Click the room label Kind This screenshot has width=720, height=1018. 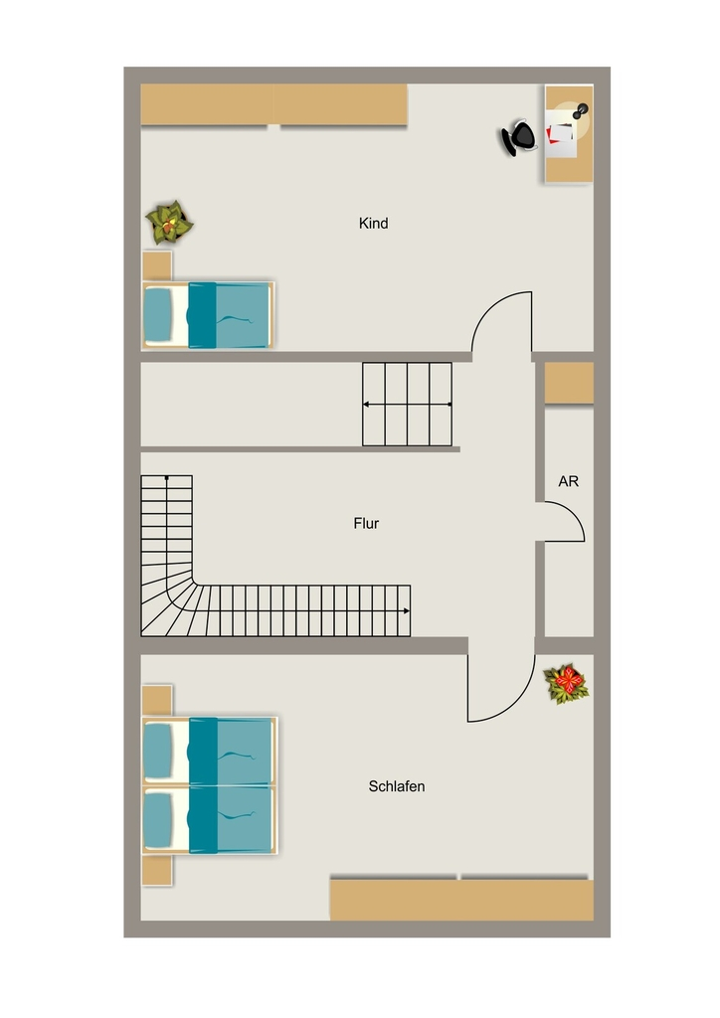373,224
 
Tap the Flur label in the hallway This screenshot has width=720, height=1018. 366,523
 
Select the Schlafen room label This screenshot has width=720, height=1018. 397,786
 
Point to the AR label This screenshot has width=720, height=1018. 568,481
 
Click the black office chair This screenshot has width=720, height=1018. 518,137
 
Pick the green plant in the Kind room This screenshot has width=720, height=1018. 169,223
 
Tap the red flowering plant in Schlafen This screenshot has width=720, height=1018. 567,683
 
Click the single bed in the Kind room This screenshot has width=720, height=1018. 208,315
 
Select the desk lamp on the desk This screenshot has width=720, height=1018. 580,111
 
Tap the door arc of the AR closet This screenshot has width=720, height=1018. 575,513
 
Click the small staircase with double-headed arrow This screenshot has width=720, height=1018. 407,405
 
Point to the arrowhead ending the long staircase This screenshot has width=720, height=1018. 407,611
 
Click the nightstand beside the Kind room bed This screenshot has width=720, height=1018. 157,266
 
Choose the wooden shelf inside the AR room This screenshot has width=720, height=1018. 569,383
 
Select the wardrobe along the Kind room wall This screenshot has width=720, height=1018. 273,103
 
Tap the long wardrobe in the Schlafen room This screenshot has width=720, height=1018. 461,899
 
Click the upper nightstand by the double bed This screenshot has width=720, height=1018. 157,701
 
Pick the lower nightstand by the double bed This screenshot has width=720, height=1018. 157,870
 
